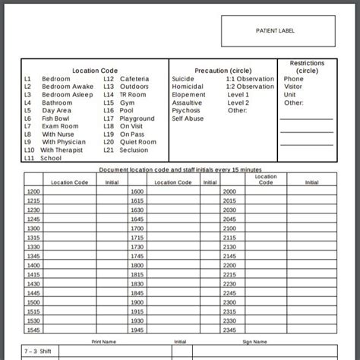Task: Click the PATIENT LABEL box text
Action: click(275, 31)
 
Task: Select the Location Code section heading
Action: click(95, 71)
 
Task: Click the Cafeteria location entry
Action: click(134, 79)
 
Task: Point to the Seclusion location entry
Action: click(134, 150)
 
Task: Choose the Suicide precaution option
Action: click(183, 79)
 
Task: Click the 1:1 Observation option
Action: click(250, 79)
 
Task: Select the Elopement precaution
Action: click(188, 95)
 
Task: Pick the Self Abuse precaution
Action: click(188, 118)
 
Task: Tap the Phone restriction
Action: click(293, 79)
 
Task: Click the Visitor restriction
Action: click(293, 87)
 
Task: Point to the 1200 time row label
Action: click(33, 191)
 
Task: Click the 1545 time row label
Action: click(33, 330)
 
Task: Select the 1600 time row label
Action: click(137, 191)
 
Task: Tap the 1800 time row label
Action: click(137, 266)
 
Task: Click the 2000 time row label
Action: click(229, 191)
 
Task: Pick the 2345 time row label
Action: click(229, 330)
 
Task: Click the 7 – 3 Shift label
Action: click(38, 352)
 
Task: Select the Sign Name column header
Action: click(254, 342)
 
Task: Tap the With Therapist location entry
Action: click(62, 150)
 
